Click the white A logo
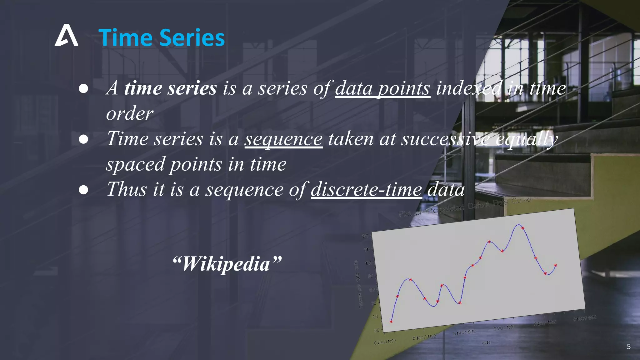coord(66,36)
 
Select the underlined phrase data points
coord(382,88)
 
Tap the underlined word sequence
coord(283,139)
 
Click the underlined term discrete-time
coord(366,189)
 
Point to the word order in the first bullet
coord(129,113)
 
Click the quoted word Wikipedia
coord(227,264)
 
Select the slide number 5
coord(628,347)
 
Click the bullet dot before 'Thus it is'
coord(83,190)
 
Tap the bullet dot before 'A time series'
coord(83,89)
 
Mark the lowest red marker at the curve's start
coord(391,321)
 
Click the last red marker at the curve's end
coord(555,265)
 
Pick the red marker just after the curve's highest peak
coord(522,228)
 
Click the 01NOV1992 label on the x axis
coord(584,318)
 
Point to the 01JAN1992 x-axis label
coord(385,342)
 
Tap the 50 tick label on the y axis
coord(377,330)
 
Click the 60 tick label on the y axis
coord(375,317)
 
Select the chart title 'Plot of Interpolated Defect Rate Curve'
coord(465,207)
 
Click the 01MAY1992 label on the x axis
coord(464,332)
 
